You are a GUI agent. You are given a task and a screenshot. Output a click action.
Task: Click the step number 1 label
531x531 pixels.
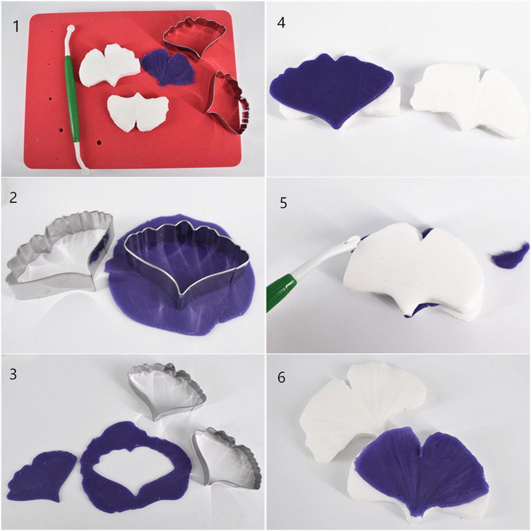[x=15, y=27]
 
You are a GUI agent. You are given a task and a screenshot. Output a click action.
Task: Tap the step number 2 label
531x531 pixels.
[x=13, y=198]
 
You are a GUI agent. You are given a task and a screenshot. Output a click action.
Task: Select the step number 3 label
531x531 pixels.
[x=13, y=374]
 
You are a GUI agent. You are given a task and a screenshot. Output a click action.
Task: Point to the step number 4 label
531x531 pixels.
[x=281, y=22]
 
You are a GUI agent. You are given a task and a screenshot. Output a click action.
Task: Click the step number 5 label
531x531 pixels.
[x=284, y=202]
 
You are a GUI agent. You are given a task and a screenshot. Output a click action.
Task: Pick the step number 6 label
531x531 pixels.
[x=281, y=377]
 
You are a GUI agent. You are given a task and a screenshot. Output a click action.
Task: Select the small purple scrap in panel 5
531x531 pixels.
[x=510, y=256]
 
